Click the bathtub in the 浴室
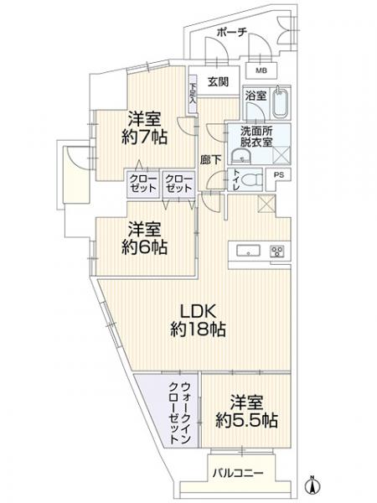pos(278,105)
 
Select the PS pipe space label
pos(279,175)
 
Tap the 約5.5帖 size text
pos(246,419)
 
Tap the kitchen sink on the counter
pos(250,251)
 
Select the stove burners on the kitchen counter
pos(276,250)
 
